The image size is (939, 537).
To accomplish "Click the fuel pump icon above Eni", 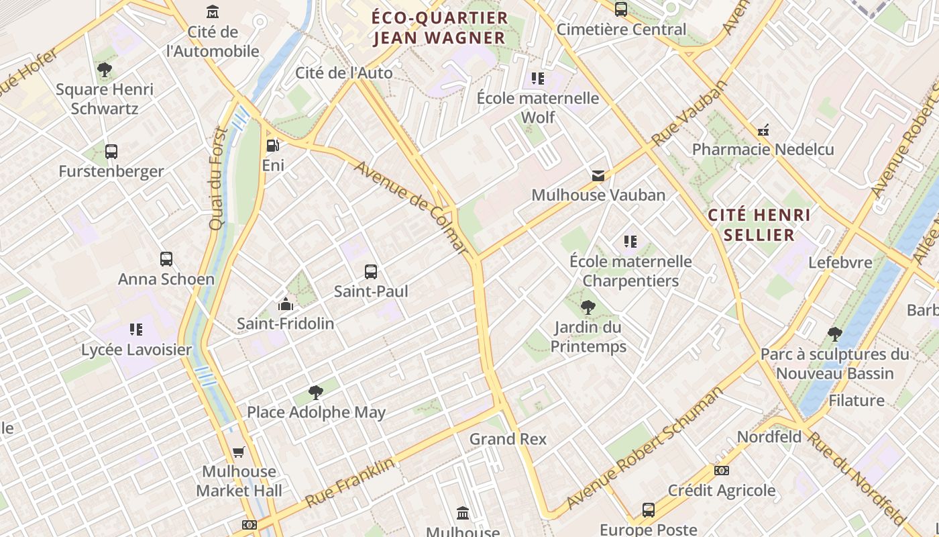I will pyautogui.click(x=272, y=145).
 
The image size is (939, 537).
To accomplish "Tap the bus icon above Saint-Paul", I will pyautogui.click(x=371, y=272).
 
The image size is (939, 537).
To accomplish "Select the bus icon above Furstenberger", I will pyautogui.click(x=111, y=152).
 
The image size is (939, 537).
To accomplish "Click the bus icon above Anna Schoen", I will pyautogui.click(x=166, y=259).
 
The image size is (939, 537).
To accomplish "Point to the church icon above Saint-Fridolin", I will pyautogui.click(x=286, y=304).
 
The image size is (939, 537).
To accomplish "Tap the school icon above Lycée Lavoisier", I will pyautogui.click(x=136, y=330).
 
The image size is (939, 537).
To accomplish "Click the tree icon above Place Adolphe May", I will pyautogui.click(x=315, y=393).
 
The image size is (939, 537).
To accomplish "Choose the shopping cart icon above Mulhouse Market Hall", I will pyautogui.click(x=238, y=452).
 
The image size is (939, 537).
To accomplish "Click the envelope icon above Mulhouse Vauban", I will pyautogui.click(x=598, y=176).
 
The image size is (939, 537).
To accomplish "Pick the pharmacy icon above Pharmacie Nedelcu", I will pyautogui.click(x=763, y=130).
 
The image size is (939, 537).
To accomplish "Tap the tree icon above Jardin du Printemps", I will pyautogui.click(x=588, y=308).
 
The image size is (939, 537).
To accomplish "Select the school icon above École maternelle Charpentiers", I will pyautogui.click(x=630, y=242).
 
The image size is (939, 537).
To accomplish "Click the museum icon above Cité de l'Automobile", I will pyautogui.click(x=213, y=12).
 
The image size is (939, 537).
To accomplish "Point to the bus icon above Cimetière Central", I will pyautogui.click(x=621, y=9).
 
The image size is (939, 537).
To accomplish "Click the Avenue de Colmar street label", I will pyautogui.click(x=410, y=206).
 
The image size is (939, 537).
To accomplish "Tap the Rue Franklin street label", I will pyautogui.click(x=350, y=482).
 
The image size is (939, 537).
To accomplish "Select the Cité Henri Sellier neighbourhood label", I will pyautogui.click(x=759, y=225).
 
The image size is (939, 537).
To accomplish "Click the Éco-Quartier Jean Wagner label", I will pyautogui.click(x=439, y=28).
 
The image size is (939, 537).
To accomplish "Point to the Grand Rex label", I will pyautogui.click(x=508, y=439).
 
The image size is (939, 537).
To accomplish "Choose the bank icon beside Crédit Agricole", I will pyautogui.click(x=722, y=471).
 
